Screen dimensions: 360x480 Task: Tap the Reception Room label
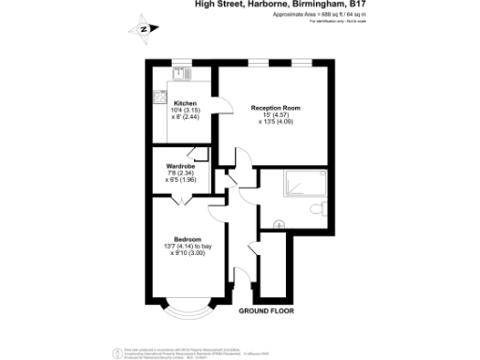point(275,108)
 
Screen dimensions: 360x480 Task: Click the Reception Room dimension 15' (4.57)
point(275,116)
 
